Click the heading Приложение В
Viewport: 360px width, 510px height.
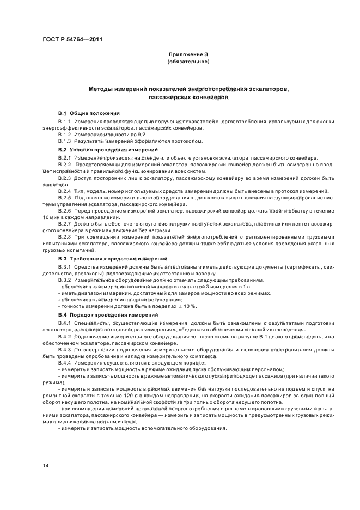coord(188,56)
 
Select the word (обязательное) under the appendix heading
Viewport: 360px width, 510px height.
coord(188,62)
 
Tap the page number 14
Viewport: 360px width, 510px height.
coord(46,465)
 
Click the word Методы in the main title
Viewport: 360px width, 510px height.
coord(105,88)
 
